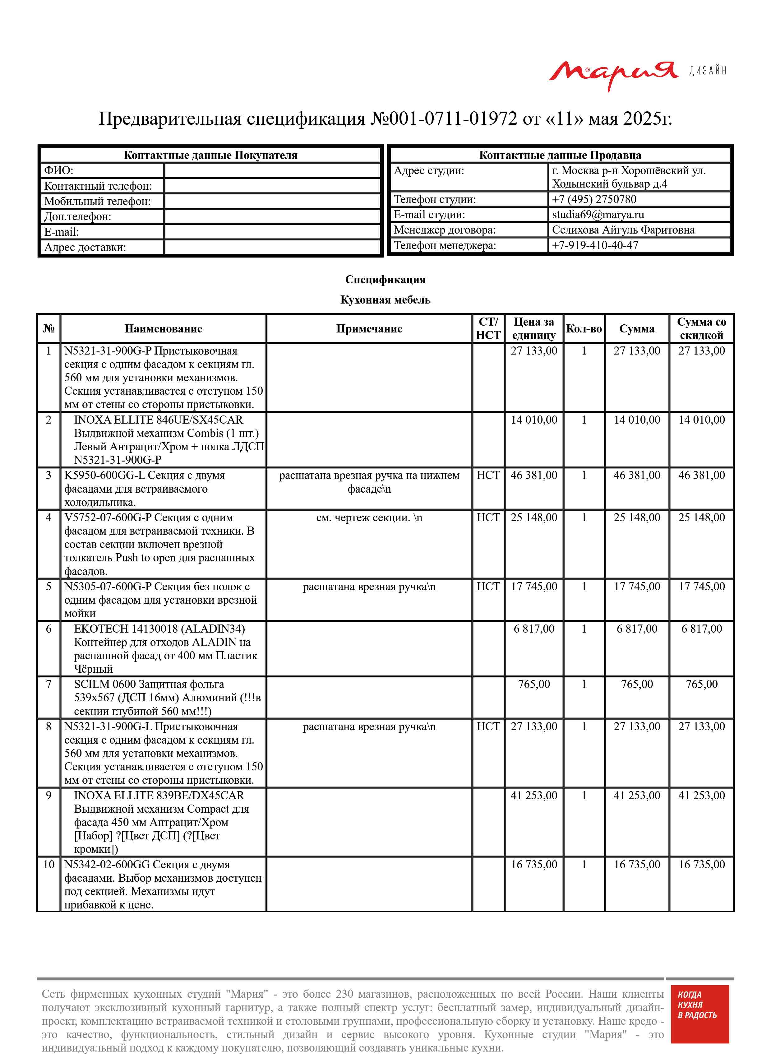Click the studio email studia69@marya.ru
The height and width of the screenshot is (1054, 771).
(598, 215)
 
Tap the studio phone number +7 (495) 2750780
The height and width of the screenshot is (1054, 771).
(594, 199)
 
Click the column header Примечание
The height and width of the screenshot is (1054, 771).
(369, 329)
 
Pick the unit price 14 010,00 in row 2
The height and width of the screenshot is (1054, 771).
(533, 420)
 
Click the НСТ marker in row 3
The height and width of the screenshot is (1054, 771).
(488, 475)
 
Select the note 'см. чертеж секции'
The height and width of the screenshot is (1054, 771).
(369, 518)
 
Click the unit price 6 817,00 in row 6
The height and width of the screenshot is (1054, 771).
(533, 629)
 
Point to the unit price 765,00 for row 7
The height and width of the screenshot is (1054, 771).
(533, 684)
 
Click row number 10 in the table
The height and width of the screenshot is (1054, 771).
(48, 865)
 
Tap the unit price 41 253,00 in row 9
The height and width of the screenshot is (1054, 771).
(533, 796)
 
